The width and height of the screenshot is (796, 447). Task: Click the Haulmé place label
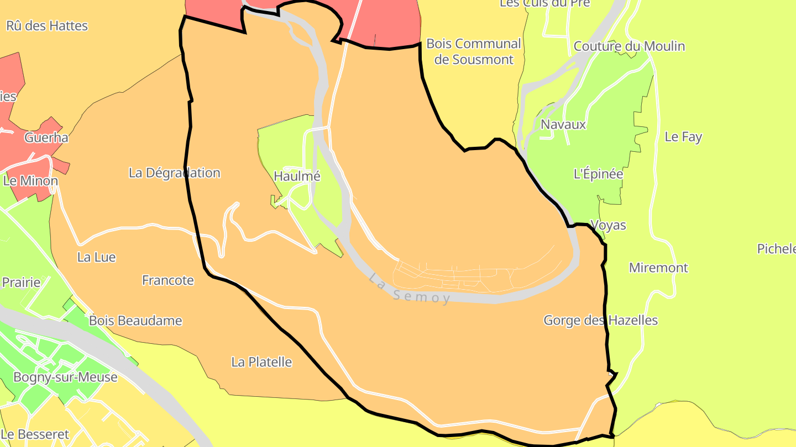(x=297, y=176)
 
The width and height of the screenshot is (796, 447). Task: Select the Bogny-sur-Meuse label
(x=65, y=377)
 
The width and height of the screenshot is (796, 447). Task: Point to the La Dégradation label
(x=174, y=173)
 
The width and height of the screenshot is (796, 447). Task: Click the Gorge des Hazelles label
(x=600, y=320)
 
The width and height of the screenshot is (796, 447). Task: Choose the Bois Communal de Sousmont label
(x=474, y=51)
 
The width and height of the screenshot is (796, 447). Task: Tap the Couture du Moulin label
(x=629, y=46)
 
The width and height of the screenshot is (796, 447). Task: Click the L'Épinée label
(x=598, y=174)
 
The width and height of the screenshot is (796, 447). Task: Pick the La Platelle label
(x=261, y=362)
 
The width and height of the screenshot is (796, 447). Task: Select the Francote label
(x=168, y=280)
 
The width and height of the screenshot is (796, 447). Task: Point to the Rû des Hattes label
(x=47, y=26)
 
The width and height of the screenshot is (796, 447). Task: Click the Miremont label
(x=658, y=268)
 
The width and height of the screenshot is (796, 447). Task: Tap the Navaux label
(x=563, y=124)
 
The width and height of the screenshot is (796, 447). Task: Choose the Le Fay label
(x=683, y=137)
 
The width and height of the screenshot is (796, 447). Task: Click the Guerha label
(x=46, y=137)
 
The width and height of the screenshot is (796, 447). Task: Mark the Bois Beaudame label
(x=135, y=321)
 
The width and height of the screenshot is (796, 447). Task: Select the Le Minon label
(x=30, y=180)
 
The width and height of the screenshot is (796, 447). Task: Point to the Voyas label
(x=608, y=225)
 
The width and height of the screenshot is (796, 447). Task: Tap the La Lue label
(x=96, y=257)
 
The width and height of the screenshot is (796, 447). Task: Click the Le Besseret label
(x=35, y=434)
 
